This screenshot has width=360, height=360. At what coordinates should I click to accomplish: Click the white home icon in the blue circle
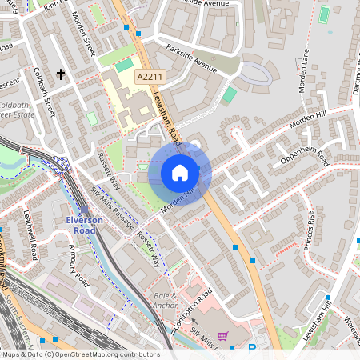click(179, 172)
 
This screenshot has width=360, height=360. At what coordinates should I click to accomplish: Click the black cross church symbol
click(60, 74)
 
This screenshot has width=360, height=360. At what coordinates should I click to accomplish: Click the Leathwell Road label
click(31, 241)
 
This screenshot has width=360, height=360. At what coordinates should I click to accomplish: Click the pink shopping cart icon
click(222, 336)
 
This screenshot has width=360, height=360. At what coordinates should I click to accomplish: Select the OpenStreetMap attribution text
click(80, 354)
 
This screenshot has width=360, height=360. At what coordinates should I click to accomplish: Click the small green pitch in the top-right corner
click(324, 14)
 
